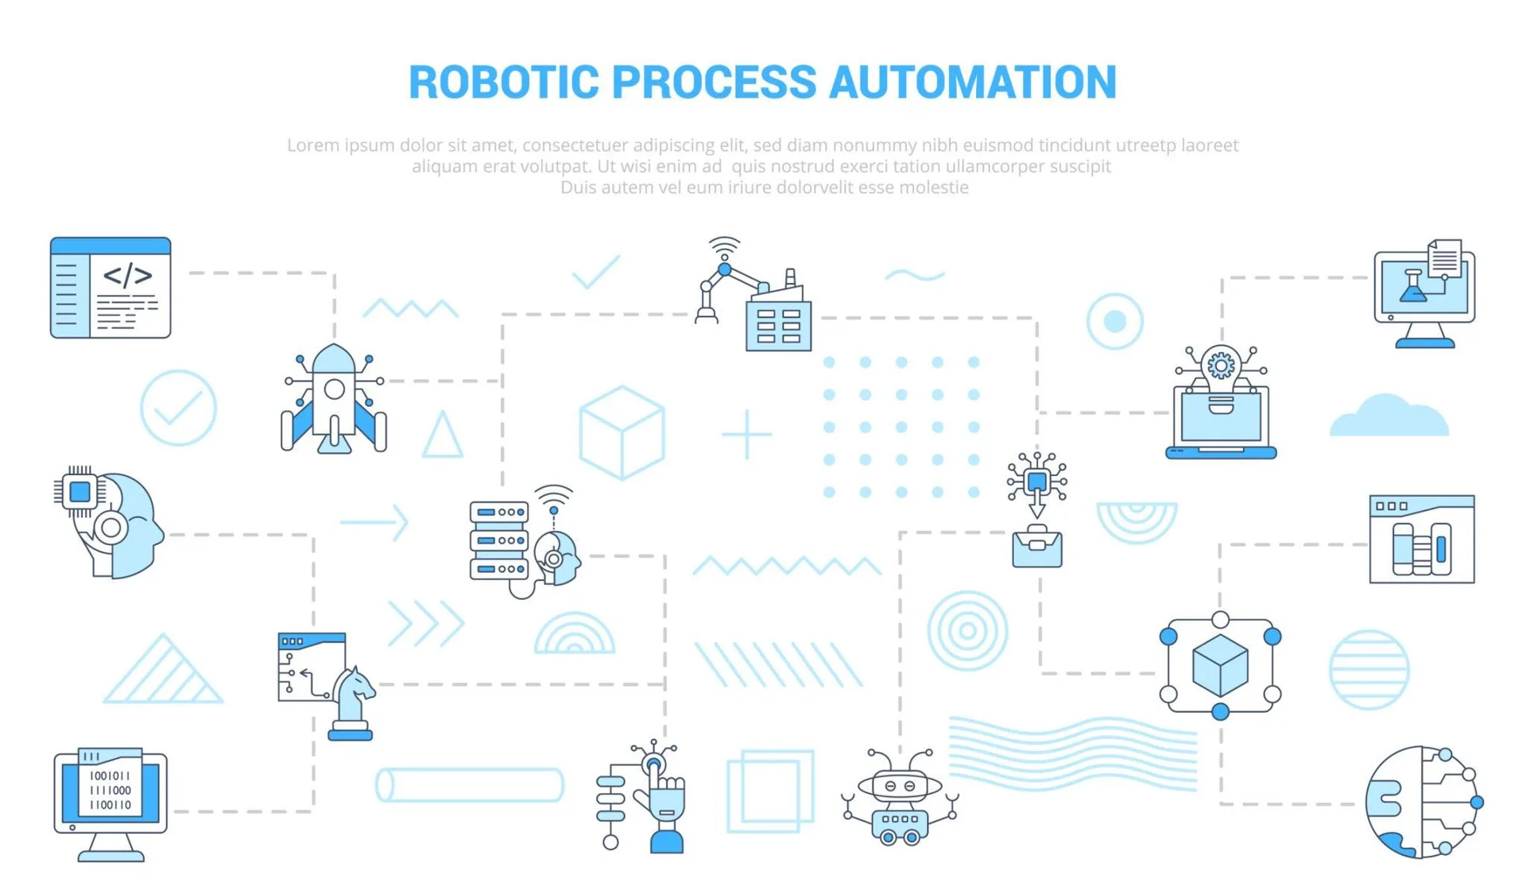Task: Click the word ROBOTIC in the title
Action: pos(504,82)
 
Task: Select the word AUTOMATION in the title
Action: pos(973,82)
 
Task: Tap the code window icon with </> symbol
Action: pos(110,288)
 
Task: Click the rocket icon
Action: pos(334,399)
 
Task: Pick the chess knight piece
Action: pos(351,703)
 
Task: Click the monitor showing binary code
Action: pos(110,804)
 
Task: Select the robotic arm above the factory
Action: pos(724,280)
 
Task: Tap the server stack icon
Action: pos(499,540)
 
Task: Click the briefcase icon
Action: pos(1037,548)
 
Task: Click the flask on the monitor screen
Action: pos(1413,288)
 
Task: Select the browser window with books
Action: pos(1422,540)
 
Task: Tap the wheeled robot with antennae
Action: pos(900,797)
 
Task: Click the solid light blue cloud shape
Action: pos(1389,416)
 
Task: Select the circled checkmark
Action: pos(178,408)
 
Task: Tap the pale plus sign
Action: pos(747,435)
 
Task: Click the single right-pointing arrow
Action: pos(374,522)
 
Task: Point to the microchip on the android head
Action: pos(79,492)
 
